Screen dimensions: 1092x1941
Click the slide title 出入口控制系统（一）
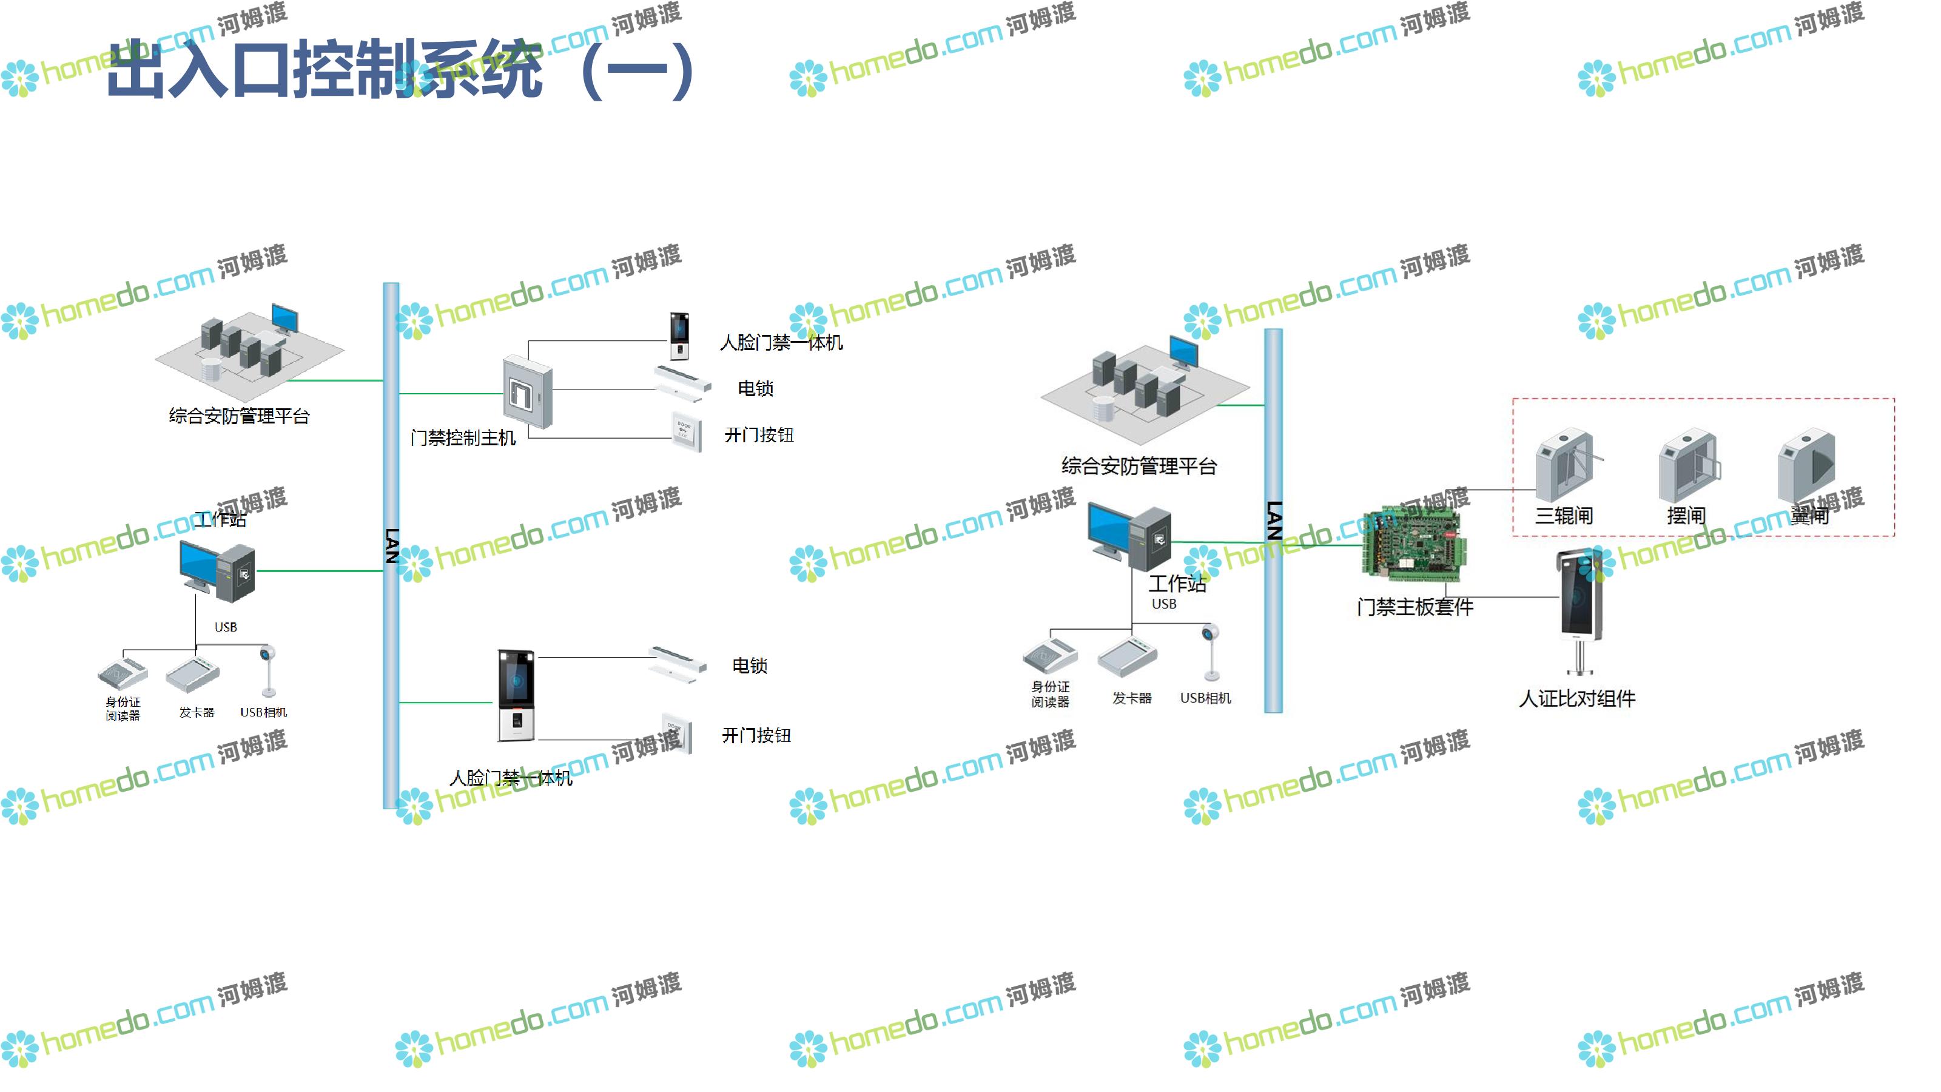tap(399, 69)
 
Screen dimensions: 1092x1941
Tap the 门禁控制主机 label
tap(463, 438)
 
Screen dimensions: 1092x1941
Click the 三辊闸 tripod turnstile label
tap(1564, 516)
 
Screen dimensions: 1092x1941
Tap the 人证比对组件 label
tap(1577, 699)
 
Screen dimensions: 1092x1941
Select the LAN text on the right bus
tap(1273, 520)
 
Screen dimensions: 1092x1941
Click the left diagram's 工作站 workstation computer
tap(218, 572)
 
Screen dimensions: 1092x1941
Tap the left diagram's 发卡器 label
tap(197, 712)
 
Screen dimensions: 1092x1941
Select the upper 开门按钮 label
tap(759, 436)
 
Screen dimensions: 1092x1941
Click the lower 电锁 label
tap(750, 666)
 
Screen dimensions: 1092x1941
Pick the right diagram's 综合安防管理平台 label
tap(1139, 467)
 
